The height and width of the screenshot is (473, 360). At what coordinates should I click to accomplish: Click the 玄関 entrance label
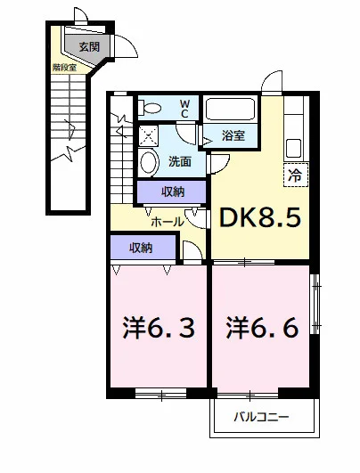tap(89, 46)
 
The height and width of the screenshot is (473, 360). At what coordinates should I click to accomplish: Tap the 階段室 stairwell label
tap(64, 68)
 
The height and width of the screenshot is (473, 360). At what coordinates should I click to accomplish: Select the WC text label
tap(184, 109)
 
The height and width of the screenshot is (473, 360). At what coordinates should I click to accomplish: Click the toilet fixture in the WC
tap(150, 108)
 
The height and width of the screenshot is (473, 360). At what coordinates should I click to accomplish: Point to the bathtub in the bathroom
tap(230, 109)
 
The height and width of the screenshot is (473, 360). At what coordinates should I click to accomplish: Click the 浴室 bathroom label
tap(233, 135)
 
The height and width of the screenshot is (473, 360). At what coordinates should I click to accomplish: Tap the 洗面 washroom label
tap(179, 162)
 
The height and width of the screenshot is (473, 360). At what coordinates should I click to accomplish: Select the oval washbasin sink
tap(150, 162)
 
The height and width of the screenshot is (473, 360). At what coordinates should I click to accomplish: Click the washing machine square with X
tap(148, 135)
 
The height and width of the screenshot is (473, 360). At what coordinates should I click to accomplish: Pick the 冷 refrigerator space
tap(296, 175)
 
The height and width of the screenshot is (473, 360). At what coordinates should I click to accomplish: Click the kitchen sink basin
tap(293, 148)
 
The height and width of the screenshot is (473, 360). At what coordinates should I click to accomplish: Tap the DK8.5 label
tap(260, 217)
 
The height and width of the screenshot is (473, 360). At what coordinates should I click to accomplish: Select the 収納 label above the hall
tap(173, 192)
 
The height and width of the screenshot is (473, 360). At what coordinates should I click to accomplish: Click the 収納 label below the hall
tap(141, 248)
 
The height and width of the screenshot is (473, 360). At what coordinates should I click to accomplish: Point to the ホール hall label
tap(167, 223)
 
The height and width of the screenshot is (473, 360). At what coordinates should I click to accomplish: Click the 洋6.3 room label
tap(159, 328)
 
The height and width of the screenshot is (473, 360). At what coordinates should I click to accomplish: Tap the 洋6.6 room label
tap(262, 328)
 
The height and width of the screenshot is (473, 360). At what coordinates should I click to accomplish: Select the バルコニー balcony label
tap(262, 417)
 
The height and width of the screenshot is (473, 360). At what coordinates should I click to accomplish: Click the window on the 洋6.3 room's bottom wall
tap(160, 394)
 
